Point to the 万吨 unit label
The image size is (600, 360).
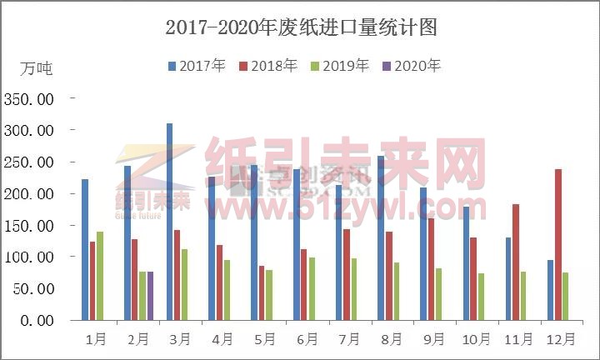(36, 68)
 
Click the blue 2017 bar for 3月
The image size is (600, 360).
(169, 222)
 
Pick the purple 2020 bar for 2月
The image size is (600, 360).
(150, 296)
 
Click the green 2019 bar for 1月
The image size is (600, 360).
(100, 276)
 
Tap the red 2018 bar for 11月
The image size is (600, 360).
(516, 262)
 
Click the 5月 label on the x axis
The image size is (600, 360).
(264, 339)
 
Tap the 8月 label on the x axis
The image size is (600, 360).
(392, 339)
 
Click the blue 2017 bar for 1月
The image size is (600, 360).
(85, 249)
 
